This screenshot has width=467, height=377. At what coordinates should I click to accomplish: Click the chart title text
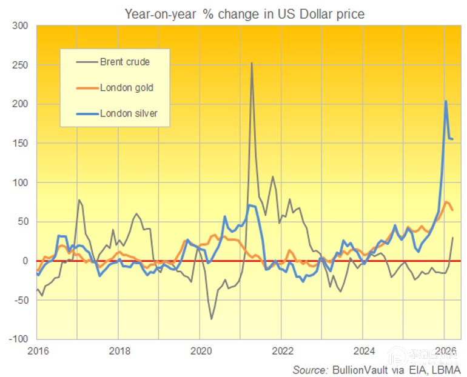tap(244, 13)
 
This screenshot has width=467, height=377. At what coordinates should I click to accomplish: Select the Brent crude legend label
tap(125, 62)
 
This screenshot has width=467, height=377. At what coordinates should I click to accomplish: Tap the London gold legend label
tap(126, 88)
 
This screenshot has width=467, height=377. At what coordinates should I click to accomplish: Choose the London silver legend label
tap(129, 113)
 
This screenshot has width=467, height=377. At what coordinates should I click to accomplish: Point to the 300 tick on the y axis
tap(20, 26)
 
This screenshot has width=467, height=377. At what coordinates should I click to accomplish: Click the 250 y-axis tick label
tap(20, 65)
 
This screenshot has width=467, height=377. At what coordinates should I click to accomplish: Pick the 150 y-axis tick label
tap(20, 143)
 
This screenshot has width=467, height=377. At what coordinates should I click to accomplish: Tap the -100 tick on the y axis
tap(18, 339)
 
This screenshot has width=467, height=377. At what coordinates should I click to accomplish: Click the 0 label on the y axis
tap(25, 261)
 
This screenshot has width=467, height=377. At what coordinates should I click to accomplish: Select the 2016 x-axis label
tap(38, 350)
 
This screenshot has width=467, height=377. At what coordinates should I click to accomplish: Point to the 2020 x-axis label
tap(201, 350)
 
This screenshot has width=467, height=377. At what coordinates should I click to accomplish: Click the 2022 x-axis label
tap(282, 350)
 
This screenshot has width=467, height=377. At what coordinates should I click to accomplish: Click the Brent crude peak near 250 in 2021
tap(252, 63)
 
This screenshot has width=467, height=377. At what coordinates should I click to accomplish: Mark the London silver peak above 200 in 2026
tap(446, 101)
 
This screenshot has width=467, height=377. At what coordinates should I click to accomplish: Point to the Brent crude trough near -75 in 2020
tap(212, 319)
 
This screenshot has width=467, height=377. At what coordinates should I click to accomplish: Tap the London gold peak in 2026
tap(446, 202)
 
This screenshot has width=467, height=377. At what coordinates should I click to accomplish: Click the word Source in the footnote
tap(311, 369)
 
